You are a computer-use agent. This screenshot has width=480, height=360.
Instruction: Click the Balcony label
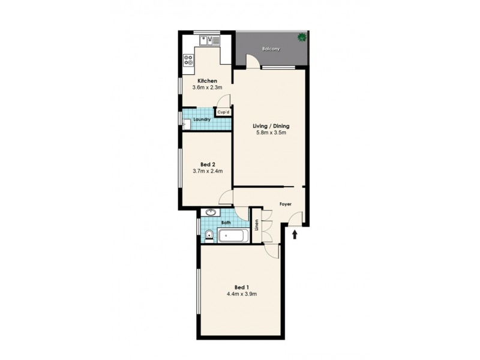[271, 49]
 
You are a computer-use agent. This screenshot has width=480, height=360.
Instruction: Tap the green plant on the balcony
[301, 38]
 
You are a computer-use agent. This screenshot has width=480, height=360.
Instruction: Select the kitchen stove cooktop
[189, 59]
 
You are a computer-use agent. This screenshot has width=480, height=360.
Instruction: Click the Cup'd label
[223, 112]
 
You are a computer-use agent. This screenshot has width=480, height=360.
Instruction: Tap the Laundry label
[201, 119]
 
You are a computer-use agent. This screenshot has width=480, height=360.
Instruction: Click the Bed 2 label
[208, 164]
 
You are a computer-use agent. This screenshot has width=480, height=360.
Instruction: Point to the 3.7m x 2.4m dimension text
[208, 171]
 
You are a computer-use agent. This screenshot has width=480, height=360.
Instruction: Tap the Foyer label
[286, 205]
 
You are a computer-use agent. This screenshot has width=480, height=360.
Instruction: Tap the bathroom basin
[211, 212]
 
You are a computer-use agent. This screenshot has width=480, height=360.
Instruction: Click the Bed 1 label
[240, 286]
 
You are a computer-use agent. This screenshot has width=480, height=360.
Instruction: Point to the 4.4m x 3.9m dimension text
[242, 294]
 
